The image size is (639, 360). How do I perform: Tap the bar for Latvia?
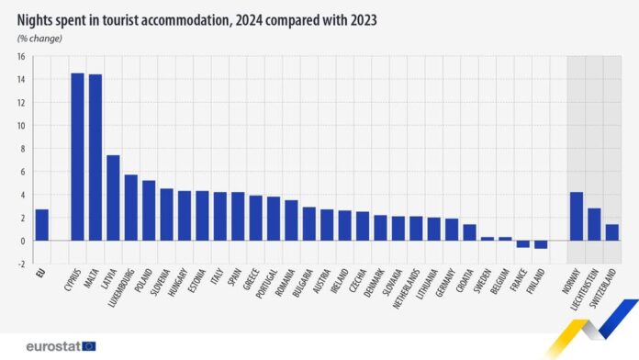[x=113, y=197]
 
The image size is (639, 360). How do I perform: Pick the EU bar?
[x=41, y=225]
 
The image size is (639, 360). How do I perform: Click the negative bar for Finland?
[x=541, y=244]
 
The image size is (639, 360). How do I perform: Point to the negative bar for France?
[x=522, y=243]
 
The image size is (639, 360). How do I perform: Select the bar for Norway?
[x=577, y=216]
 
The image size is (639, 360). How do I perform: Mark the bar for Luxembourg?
[x=131, y=208]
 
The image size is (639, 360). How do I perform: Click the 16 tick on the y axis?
[x=19, y=56]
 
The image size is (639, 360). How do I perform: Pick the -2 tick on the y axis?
[x=19, y=264]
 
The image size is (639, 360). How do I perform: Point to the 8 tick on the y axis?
[x=21, y=149]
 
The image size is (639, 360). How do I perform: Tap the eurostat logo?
[x=55, y=345]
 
